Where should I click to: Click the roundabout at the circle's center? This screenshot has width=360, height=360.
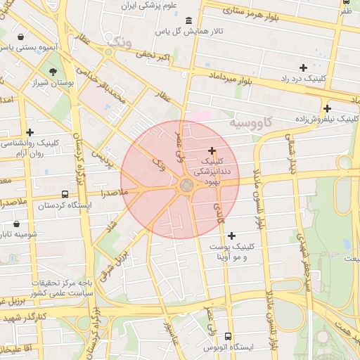(186, 185)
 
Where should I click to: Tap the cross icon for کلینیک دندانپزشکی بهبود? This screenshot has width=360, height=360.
(212, 150)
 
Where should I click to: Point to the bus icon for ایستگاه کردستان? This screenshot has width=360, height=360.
(65, 194)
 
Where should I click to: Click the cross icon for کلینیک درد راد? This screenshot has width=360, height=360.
(303, 67)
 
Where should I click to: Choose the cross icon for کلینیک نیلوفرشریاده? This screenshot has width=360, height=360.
(327, 108)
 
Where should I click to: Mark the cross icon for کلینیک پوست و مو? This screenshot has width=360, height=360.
(232, 235)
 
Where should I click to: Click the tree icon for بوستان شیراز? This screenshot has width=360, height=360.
(53, 71)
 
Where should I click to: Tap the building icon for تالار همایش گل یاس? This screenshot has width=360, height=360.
(188, 20)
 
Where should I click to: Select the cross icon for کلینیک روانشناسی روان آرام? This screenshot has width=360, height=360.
(30, 132)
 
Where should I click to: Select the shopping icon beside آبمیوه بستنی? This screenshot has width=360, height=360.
(22, 36)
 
